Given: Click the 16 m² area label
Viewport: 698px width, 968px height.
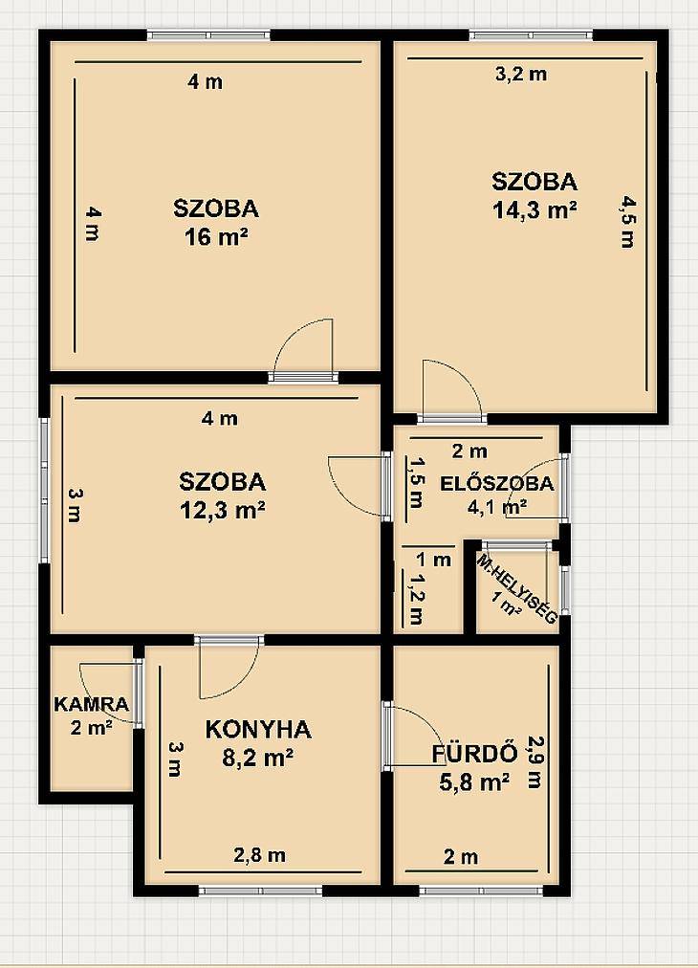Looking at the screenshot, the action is coord(216,236).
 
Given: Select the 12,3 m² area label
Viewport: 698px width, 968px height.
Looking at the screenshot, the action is coord(223,510).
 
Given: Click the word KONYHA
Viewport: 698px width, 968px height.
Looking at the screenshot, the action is coord(258,729).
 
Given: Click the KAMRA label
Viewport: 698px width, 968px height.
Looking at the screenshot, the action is coord(92,704).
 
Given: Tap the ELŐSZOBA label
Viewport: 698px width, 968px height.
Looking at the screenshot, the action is coord(497,483).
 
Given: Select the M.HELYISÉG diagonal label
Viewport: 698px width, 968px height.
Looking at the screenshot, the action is coord(517,589).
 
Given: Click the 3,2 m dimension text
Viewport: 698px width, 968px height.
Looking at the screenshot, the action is coord(521,74).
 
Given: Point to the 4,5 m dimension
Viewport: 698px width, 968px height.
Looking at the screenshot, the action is coord(627,221).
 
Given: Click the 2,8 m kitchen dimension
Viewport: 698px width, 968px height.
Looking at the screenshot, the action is coord(259,855).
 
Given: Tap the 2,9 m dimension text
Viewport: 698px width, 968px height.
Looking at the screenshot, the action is coord(534,761).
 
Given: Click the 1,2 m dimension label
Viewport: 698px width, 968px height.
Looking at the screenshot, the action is coord(417,599).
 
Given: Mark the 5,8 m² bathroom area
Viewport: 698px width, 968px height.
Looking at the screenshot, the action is coord(474,782).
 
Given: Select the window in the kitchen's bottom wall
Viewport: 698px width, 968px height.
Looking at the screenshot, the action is coord(260,891).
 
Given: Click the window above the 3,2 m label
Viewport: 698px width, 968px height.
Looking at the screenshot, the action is coord(532,35).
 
